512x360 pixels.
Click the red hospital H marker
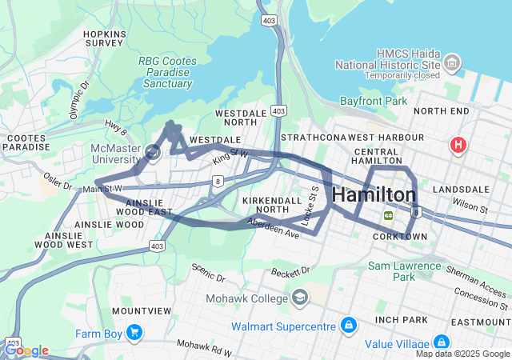[x=458, y=146]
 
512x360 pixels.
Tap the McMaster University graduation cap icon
[x=153, y=150]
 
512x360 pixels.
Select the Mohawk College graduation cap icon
[x=300, y=298]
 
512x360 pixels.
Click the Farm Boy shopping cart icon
[x=133, y=332]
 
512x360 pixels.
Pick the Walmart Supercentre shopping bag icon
[x=348, y=326]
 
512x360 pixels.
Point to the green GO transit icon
[x=389, y=214]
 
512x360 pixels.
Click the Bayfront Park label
[x=373, y=102]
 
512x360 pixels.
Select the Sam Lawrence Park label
[x=404, y=271]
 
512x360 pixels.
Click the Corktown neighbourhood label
[x=400, y=237]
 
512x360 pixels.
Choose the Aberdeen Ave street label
[x=273, y=228]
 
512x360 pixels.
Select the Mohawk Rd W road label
[x=204, y=347]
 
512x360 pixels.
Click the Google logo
[x=26, y=350]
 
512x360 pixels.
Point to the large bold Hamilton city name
[x=374, y=195]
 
